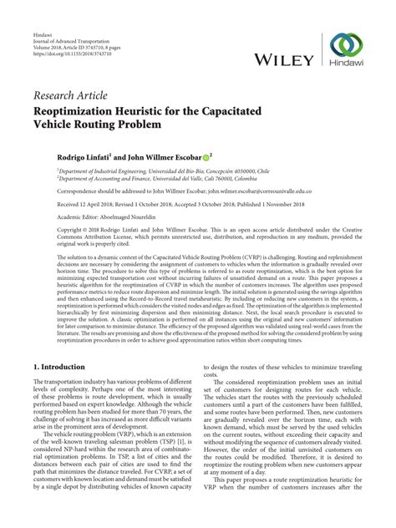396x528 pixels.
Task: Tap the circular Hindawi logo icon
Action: [x=345, y=46]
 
